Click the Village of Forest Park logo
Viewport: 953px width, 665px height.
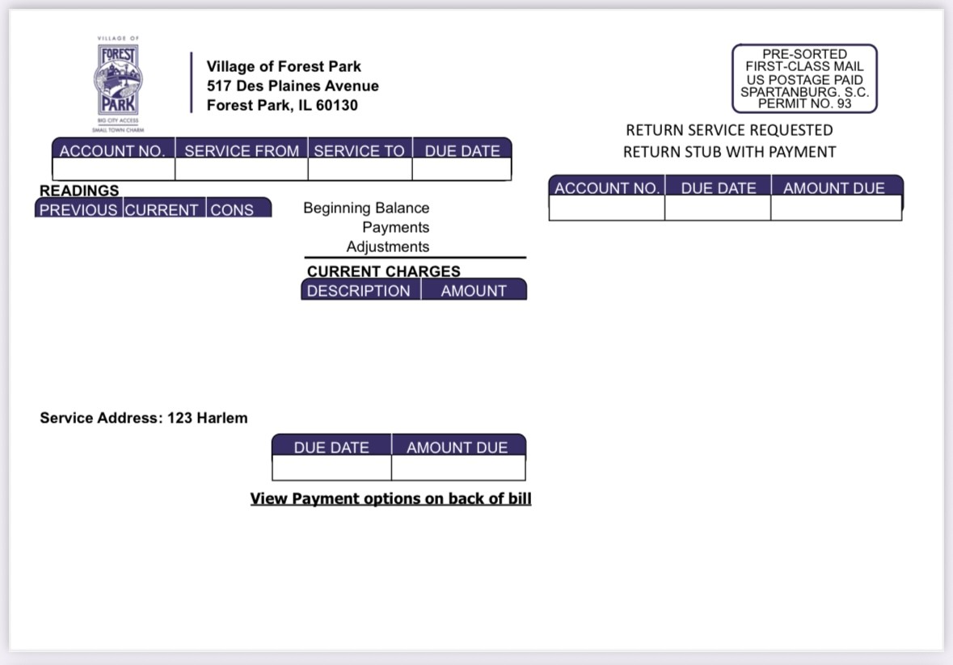118,84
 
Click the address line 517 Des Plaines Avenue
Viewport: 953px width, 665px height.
293,86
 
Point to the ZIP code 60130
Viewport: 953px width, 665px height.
337,105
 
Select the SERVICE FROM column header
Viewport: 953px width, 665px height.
242,150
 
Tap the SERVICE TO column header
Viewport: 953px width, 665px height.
359,150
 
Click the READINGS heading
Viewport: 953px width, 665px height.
79,191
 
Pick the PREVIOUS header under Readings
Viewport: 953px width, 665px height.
78,209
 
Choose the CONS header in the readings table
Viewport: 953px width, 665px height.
231,209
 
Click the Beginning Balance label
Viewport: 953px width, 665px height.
366,208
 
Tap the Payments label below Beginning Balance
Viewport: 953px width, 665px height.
395,227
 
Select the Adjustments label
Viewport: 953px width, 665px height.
388,246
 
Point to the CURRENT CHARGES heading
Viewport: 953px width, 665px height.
383,271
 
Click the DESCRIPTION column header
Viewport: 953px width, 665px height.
358,291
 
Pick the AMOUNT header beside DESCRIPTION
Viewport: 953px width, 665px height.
474,291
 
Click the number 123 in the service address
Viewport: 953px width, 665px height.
179,418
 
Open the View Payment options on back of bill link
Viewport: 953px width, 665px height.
390,499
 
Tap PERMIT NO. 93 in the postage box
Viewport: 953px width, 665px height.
805,103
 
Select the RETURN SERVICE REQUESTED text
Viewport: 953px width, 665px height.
729,130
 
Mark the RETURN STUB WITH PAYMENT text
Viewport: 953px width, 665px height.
729,152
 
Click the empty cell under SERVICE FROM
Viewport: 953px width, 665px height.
242,169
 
